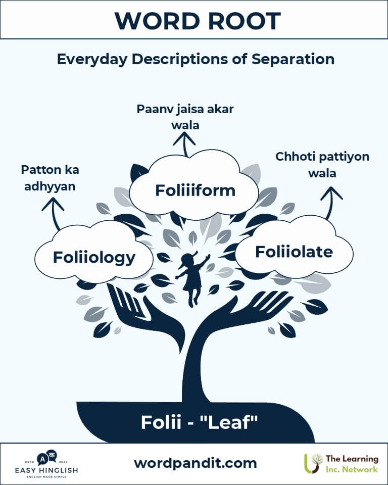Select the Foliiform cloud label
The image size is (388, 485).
pyautogui.click(x=195, y=190)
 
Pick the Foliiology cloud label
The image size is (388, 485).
pyautogui.click(x=94, y=257)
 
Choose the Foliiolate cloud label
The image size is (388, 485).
pyautogui.click(x=294, y=251)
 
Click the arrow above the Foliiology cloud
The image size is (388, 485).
pyautogui.click(x=54, y=213)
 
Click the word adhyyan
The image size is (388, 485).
pyautogui.click(x=50, y=186)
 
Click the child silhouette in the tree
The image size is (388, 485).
pyautogui.click(x=192, y=278)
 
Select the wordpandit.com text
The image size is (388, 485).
pyautogui.click(x=195, y=463)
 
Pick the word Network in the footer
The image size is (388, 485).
pyautogui.click(x=359, y=469)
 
